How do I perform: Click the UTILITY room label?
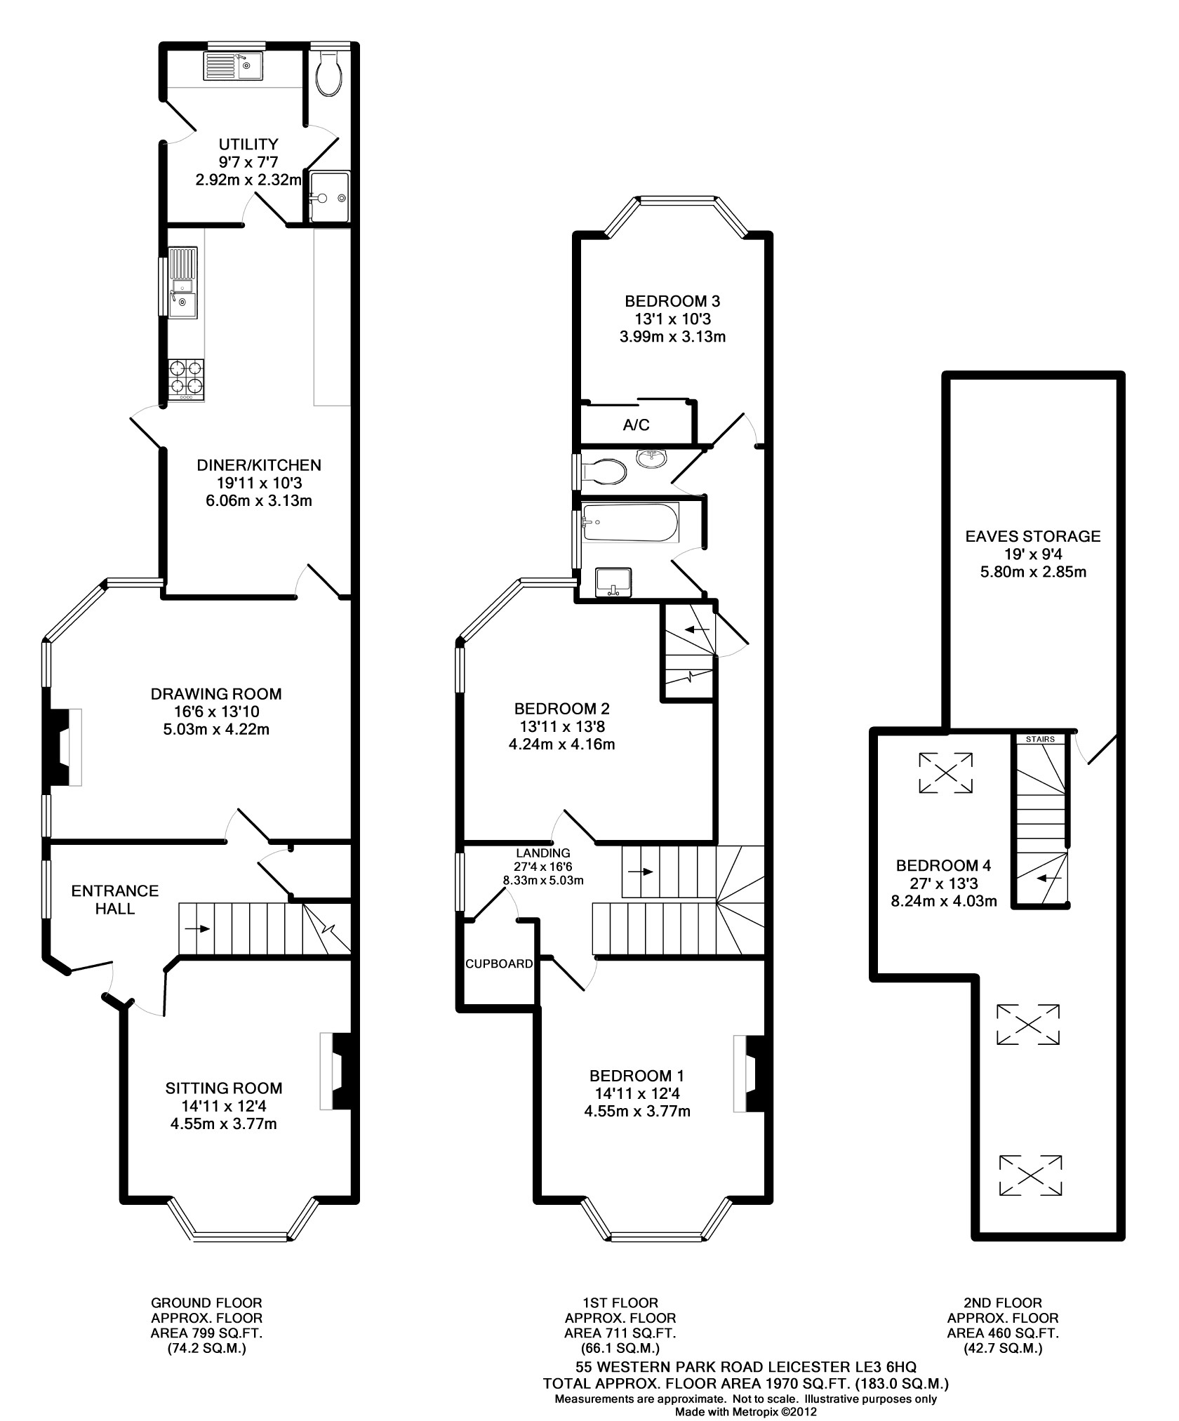pos(248,145)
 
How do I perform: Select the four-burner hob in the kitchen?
pos(186,380)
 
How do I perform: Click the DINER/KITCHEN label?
pos(259,465)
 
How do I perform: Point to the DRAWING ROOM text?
pos(216,694)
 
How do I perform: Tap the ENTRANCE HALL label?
pos(115,900)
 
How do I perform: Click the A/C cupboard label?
pos(637,425)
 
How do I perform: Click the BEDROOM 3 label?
pos(672,302)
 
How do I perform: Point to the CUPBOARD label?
pos(499,963)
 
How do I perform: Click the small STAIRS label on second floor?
pos(1040,739)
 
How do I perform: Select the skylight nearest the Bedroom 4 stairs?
pos(945,773)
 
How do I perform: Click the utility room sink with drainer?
pos(233,67)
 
